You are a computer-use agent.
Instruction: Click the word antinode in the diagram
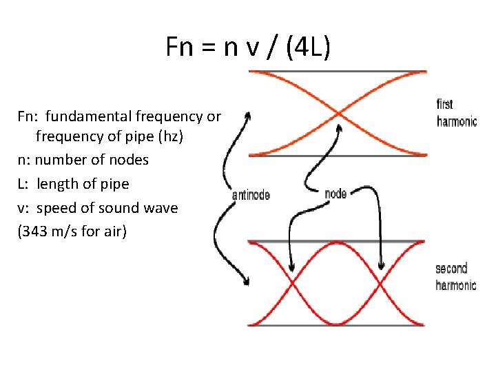click(x=251, y=195)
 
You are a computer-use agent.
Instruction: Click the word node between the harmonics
click(x=335, y=194)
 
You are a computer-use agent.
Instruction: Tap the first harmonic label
click(x=456, y=113)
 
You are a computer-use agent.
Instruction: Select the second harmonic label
click(x=455, y=276)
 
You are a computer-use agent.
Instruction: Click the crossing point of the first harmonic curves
click(x=338, y=114)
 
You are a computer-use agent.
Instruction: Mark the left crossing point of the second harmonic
click(x=292, y=283)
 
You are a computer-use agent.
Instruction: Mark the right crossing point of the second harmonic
click(x=381, y=283)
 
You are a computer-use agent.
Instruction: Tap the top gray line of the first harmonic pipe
click(x=338, y=72)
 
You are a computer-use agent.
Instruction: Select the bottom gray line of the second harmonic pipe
click(x=338, y=325)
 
